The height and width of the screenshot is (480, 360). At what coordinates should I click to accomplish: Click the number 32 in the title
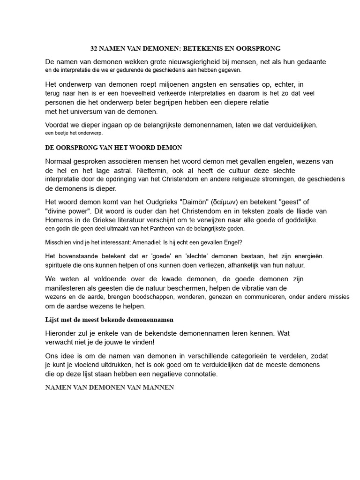pyautogui.click(x=94, y=48)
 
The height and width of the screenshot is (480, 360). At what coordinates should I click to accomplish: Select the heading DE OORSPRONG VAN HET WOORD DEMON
pyautogui.click(x=113, y=148)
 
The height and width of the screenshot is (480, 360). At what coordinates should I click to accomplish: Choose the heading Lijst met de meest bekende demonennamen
pyautogui.click(x=109, y=320)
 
